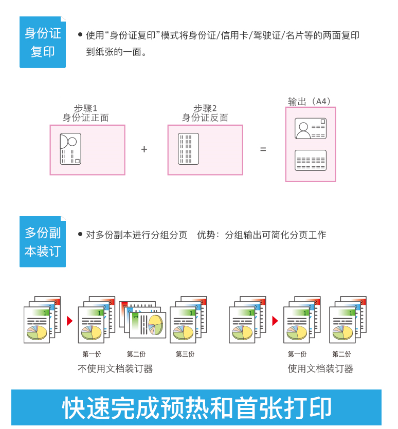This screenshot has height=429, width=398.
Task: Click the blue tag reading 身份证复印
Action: tap(43, 42)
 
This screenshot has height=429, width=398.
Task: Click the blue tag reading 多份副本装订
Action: tap(43, 242)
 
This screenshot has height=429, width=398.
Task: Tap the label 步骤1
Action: tap(85, 108)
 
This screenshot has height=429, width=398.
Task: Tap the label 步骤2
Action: tap(205, 108)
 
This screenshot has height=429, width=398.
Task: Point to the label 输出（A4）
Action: tap(311, 101)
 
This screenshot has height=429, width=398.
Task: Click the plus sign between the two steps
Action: tap(144, 149)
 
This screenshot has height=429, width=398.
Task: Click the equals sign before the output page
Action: tap(263, 149)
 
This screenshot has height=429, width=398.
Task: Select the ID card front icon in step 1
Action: tap(70, 149)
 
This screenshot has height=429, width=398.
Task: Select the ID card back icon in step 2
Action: tap(188, 149)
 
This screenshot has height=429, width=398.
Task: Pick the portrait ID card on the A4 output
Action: tap(311, 128)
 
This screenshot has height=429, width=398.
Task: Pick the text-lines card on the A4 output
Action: tap(311, 160)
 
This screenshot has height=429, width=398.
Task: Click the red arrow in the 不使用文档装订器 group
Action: tap(69, 321)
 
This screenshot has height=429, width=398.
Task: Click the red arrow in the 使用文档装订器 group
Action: tap(275, 321)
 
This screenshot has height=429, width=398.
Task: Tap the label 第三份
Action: tap(185, 354)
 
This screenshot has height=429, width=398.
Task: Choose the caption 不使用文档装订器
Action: tap(115, 368)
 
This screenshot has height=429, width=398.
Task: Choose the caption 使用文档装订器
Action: tap(320, 368)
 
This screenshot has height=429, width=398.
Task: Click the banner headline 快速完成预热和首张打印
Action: tap(197, 408)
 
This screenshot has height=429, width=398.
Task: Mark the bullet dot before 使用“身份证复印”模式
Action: tap(80, 34)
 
